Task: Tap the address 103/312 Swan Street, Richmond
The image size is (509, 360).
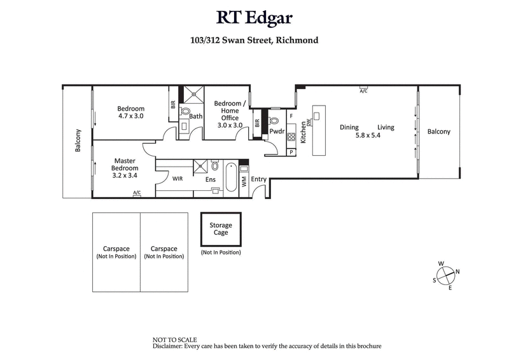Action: [254, 40]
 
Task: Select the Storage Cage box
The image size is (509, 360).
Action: [221, 230]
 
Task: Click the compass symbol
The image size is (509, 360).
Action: [446, 275]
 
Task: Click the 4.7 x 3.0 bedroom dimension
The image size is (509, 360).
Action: [131, 116]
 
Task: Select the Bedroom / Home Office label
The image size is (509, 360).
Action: [228, 111]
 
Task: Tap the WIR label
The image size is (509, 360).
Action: [178, 179]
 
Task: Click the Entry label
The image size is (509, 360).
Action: [258, 179]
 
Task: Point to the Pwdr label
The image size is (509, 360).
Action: [277, 132]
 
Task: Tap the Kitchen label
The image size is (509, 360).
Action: [303, 132]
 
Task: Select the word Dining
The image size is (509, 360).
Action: [349, 127]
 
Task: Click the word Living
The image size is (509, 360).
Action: [385, 127]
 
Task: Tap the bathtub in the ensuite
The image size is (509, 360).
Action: [230, 176]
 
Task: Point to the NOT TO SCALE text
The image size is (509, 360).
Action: [175, 340]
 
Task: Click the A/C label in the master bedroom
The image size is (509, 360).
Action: [137, 192]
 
